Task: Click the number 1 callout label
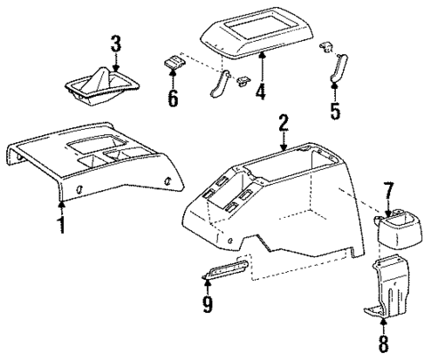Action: click(x=61, y=225)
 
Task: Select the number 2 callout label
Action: click(x=283, y=124)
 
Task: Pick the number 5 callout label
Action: click(x=334, y=111)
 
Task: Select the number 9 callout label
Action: click(x=207, y=306)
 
